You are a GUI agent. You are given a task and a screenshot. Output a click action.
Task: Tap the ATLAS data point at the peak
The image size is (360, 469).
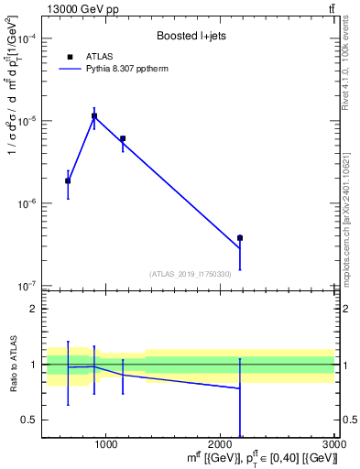(93, 116)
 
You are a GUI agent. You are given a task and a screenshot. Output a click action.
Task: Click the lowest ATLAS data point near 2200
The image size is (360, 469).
(240, 238)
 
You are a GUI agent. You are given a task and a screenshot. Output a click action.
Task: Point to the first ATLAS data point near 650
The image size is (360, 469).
(68, 181)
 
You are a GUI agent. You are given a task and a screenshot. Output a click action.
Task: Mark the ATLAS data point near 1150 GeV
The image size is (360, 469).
(123, 139)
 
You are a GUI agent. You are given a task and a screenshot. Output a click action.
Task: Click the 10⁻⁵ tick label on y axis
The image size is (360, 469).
(29, 121)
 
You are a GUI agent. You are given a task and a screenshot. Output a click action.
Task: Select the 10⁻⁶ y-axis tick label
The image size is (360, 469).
(29, 203)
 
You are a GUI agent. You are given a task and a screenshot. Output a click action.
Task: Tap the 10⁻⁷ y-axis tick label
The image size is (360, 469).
(29, 286)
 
